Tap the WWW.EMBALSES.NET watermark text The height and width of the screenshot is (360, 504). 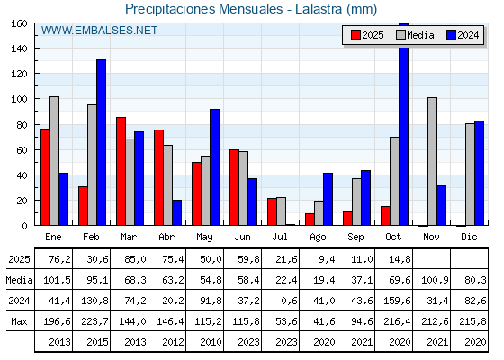pyautogui.click(x=99, y=31)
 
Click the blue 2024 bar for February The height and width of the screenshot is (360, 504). pyautogui.click(x=102, y=142)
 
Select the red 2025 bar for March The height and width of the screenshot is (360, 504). pyautogui.click(x=121, y=171)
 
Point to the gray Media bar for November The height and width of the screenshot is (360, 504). pyautogui.click(x=432, y=161)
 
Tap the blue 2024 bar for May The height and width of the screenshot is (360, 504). pyautogui.click(x=215, y=166)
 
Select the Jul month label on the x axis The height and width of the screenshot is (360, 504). pyautogui.click(x=280, y=237)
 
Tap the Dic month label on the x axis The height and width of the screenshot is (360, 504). pyautogui.click(x=469, y=237)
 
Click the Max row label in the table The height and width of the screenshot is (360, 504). pyautogui.click(x=18, y=321)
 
